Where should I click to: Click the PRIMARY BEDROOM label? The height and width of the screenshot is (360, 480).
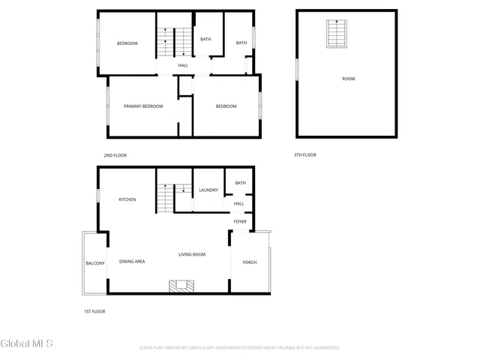143,106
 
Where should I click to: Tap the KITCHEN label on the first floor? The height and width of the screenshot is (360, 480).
127,199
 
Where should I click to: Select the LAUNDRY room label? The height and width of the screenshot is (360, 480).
208,190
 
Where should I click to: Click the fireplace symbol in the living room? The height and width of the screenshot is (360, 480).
181,286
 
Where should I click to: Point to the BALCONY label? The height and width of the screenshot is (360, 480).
95,263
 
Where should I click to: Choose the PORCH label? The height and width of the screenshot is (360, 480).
249,262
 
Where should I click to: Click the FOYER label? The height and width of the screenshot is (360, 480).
240,221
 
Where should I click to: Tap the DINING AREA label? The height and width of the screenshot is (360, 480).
133,261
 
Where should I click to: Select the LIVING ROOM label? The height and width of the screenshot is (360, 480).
192,255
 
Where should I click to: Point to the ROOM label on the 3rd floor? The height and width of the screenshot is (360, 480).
348,79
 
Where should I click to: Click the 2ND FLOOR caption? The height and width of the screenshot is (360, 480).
115,155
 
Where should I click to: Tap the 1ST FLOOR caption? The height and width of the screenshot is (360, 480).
94,310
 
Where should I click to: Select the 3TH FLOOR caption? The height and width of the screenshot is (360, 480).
305,155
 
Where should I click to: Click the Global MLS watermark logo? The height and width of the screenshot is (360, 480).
27,344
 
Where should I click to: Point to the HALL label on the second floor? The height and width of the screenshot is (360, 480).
183,66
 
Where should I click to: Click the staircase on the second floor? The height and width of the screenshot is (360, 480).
174,42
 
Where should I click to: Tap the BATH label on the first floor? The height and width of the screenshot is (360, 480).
240,183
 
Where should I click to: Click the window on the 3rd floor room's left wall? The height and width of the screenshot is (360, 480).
297,69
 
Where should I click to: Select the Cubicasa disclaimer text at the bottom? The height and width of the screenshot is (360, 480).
240,348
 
